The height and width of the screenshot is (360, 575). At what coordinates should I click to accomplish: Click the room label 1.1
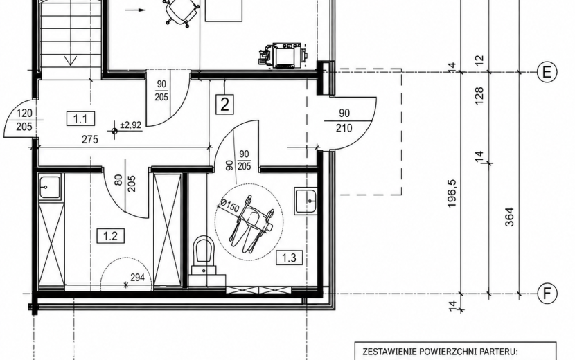pyautogui.click(x=80, y=119)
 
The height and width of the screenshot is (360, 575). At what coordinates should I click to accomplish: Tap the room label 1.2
pyautogui.click(x=110, y=235)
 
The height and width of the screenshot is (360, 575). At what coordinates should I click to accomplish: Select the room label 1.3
pyautogui.click(x=289, y=258)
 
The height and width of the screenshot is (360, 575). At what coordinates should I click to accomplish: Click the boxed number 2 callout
pyautogui.click(x=224, y=105)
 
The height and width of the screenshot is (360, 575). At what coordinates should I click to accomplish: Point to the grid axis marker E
pyautogui.click(x=547, y=72)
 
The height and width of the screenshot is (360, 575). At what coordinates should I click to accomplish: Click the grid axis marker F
pyautogui.click(x=547, y=294)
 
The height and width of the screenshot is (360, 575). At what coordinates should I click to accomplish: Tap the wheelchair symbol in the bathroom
pyautogui.click(x=251, y=222)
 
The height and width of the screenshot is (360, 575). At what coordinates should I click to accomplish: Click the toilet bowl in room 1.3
pyautogui.click(x=204, y=249)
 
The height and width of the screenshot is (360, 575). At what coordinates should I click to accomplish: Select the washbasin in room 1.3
pyautogui.click(x=306, y=201)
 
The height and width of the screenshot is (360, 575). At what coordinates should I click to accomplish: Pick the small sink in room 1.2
pyautogui.click(x=49, y=187)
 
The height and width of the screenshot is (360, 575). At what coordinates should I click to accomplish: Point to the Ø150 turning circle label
pyautogui.click(x=229, y=206)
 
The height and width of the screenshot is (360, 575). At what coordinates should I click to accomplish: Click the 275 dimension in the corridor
pyautogui.click(x=90, y=139)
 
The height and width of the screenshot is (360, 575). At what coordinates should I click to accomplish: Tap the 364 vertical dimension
pyautogui.click(x=509, y=217)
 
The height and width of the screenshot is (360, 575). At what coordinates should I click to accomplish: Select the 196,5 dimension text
pyautogui.click(x=452, y=194)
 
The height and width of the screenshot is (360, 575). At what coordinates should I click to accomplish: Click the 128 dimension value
pyautogui.click(x=479, y=96)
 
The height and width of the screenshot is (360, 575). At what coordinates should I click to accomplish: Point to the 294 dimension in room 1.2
pyautogui.click(x=138, y=278)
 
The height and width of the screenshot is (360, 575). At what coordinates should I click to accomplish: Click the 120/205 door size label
pyautogui.click(x=24, y=120)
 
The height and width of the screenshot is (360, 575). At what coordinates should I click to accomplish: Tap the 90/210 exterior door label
pyautogui.click(x=344, y=120)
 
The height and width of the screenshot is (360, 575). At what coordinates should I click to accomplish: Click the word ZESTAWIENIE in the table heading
pyautogui.click(x=389, y=352)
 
